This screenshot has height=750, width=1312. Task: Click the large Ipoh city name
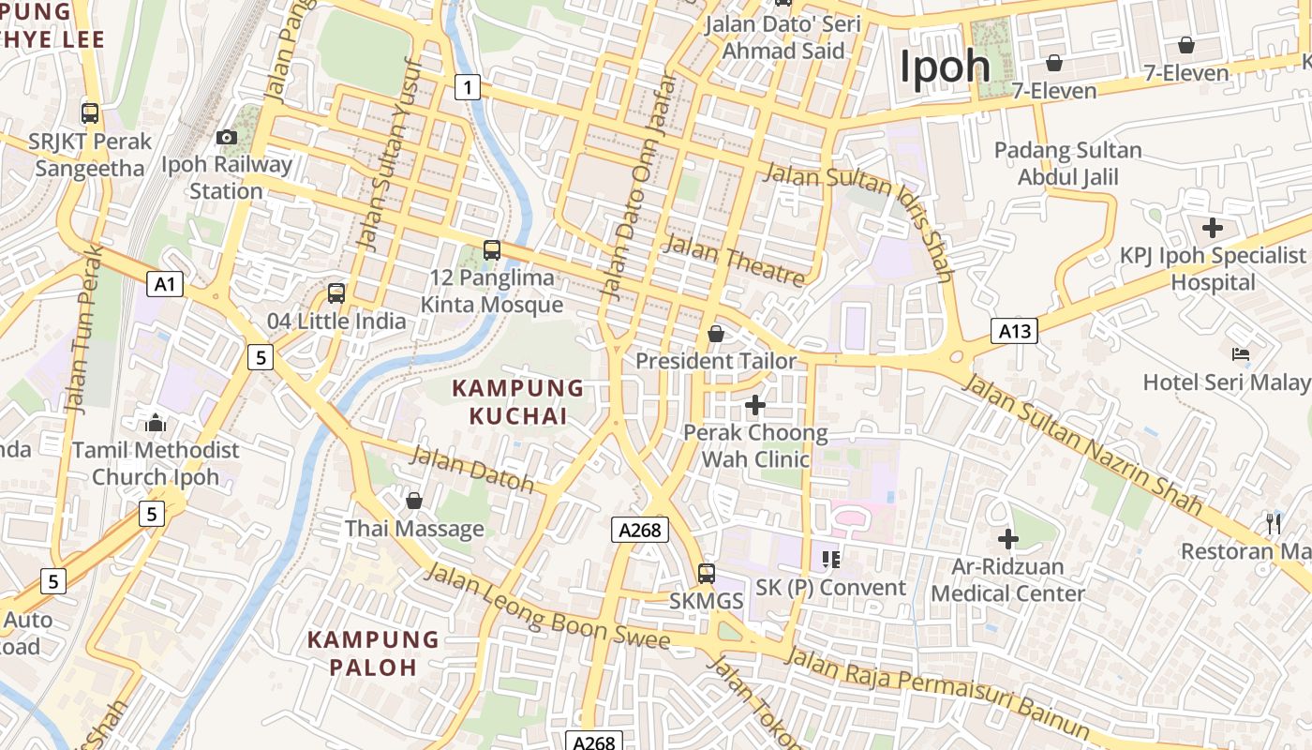pyautogui.click(x=945, y=67)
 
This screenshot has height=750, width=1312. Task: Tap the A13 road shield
pyautogui.click(x=1014, y=330)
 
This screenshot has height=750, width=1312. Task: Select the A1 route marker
pyautogui.click(x=164, y=284)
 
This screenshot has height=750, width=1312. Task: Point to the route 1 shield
pyautogui.click(x=468, y=88)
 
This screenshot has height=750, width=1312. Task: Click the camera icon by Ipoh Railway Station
pyautogui.click(x=226, y=138)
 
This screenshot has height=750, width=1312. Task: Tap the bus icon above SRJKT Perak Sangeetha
pyautogui.click(x=90, y=113)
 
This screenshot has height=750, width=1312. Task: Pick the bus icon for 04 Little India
pyautogui.click(x=336, y=292)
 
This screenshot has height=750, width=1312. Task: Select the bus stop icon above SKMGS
pyautogui.click(x=707, y=573)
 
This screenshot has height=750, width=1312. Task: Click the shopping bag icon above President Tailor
pyautogui.click(x=716, y=334)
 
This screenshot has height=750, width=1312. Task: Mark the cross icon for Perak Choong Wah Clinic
pyautogui.click(x=755, y=405)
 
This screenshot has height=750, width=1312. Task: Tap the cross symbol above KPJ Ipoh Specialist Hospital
pyautogui.click(x=1213, y=228)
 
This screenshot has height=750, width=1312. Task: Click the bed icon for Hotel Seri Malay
pyautogui.click(x=1240, y=354)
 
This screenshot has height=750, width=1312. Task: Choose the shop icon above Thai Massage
pyautogui.click(x=414, y=502)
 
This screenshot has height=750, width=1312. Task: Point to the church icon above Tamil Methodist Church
pyautogui.click(x=156, y=423)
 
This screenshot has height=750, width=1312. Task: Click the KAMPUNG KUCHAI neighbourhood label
pyautogui.click(x=518, y=401)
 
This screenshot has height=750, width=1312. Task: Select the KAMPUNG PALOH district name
pyautogui.click(x=374, y=653)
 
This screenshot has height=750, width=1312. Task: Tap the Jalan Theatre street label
pyautogui.click(x=734, y=261)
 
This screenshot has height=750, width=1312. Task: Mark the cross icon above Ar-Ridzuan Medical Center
pyautogui.click(x=1008, y=539)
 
